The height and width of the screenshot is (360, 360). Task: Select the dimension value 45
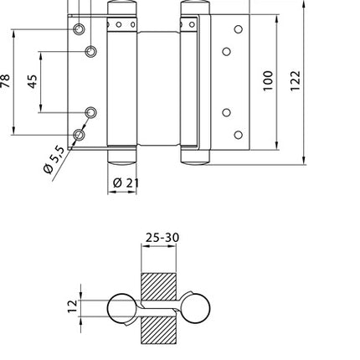click(x=32, y=81)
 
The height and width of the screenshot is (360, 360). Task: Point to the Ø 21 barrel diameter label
click(x=123, y=183)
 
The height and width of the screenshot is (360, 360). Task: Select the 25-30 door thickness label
click(x=161, y=238)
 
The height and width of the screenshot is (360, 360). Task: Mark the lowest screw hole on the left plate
click(x=79, y=134)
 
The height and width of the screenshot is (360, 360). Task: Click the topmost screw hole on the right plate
click(x=238, y=30)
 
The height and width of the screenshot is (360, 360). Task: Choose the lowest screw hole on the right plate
click(x=238, y=134)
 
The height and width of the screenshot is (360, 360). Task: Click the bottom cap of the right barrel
click(x=196, y=157)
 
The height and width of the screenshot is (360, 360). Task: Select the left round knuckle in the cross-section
click(x=122, y=309)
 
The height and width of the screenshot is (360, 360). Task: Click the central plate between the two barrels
click(x=159, y=84)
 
